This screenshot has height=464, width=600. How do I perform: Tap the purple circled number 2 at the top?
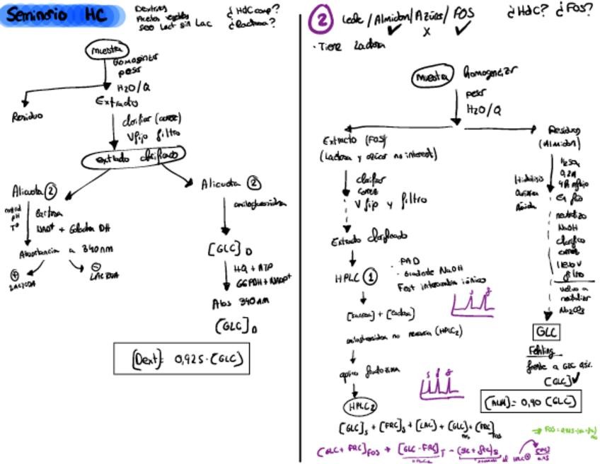click(x=321, y=20)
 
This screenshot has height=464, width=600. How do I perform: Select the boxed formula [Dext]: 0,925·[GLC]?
click(x=181, y=359)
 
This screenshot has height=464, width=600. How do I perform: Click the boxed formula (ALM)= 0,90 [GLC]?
click(x=531, y=402)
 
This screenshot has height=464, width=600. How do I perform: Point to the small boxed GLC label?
click(x=546, y=332)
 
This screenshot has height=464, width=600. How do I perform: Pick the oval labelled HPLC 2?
click(x=360, y=407)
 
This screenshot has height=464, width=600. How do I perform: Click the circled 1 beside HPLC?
click(x=370, y=277)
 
